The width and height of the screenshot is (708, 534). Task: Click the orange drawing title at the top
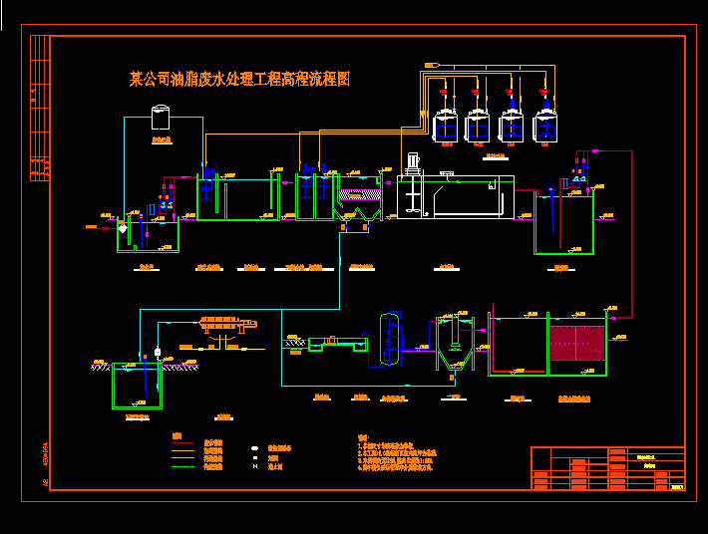click(239, 79)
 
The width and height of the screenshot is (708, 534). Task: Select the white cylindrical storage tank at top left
click(161, 118)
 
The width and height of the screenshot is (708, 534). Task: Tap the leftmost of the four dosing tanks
click(446, 127)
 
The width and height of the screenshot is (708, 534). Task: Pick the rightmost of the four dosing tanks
click(544, 127)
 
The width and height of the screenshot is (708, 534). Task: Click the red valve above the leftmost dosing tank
click(442, 93)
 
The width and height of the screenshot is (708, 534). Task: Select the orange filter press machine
click(225, 324)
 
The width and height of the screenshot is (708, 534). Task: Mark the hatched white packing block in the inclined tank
click(359, 195)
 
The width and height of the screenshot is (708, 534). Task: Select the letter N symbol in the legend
click(255, 466)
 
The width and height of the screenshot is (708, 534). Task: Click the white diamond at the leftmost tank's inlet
click(124, 228)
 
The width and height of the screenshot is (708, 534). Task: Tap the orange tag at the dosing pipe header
click(431, 65)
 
